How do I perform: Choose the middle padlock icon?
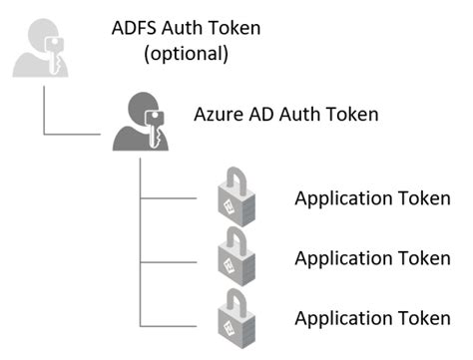236,257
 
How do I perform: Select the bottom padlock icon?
236,318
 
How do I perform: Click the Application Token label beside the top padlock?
371,199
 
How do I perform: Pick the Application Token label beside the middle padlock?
371,258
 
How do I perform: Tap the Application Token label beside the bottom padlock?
371,318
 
